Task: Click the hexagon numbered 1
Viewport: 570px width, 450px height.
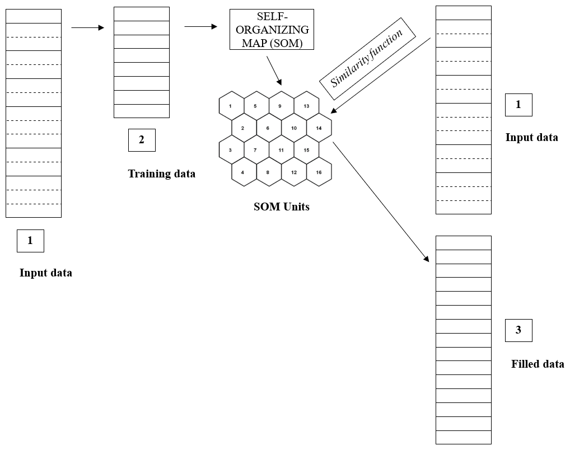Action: click(231, 105)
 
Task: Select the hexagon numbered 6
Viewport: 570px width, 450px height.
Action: click(268, 128)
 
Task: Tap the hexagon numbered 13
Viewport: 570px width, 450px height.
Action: click(306, 105)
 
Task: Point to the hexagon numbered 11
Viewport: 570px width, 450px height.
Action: click(281, 150)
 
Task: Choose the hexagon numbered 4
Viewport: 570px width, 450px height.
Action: click(243, 172)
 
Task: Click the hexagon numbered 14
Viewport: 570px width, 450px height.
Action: click(319, 128)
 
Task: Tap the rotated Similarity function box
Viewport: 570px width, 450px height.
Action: click(367, 59)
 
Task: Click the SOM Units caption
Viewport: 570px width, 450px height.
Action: click(281, 207)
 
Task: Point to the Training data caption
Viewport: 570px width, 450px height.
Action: click(162, 174)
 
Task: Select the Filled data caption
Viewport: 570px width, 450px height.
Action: click(538, 364)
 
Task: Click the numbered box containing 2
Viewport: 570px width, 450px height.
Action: click(142, 140)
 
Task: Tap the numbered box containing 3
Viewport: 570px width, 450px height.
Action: click(518, 330)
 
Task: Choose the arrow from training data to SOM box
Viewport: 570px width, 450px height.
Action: click(200, 26)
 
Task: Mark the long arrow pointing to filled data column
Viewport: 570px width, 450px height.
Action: click(381, 201)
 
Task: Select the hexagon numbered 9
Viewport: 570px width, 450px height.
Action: click(281, 105)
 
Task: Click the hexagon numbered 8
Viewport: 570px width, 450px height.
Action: click(268, 172)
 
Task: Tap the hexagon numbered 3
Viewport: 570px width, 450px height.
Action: click(231, 150)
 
